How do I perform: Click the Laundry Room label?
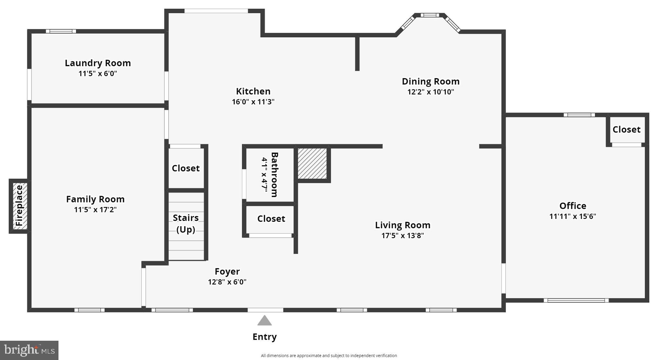pyautogui.click(x=98, y=63)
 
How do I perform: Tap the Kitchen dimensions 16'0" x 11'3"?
pyautogui.click(x=253, y=102)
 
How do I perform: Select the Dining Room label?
pyautogui.click(x=431, y=81)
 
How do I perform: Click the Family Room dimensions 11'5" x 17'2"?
pyautogui.click(x=95, y=210)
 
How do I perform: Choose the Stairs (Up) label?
pyautogui.click(x=186, y=223)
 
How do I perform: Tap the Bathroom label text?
pyautogui.click(x=274, y=175)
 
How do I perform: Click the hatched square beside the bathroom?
pyautogui.click(x=312, y=163)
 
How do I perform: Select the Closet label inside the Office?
pyautogui.click(x=626, y=130)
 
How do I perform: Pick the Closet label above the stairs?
pyautogui.click(x=186, y=168)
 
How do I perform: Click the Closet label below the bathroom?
pyautogui.click(x=271, y=219)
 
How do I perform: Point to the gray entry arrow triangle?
pyautogui.click(x=264, y=321)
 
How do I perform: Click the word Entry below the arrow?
pyautogui.click(x=264, y=337)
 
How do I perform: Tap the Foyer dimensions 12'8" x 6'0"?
pyautogui.click(x=227, y=282)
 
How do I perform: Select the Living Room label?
pyautogui.click(x=403, y=225)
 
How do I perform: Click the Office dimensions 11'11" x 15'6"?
pyautogui.click(x=573, y=216)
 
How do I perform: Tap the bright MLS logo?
pyautogui.click(x=29, y=350)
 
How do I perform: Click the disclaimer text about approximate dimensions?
pyautogui.click(x=329, y=355)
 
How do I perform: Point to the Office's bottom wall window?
pyautogui.click(x=576, y=301)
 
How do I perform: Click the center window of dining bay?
pyautogui.click(x=430, y=15)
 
